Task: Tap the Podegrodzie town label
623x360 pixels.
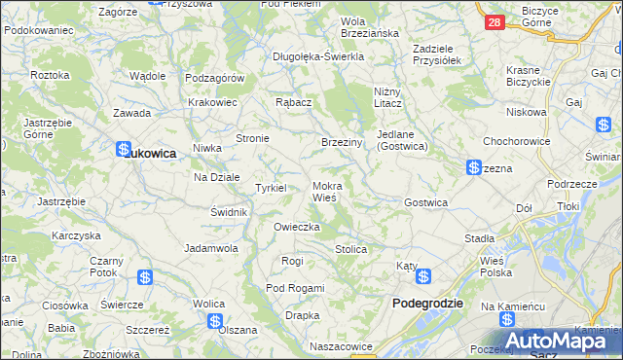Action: click(427, 304)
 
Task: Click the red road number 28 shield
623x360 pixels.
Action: click(494, 22)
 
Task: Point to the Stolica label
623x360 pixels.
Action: click(350, 250)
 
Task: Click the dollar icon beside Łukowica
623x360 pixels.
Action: click(124, 151)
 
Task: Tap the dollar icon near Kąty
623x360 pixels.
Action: click(423, 277)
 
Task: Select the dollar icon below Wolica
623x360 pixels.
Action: click(215, 321)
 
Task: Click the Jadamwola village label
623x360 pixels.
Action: click(211, 248)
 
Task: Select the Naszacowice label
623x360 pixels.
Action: click(341, 346)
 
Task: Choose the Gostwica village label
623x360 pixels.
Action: click(425, 202)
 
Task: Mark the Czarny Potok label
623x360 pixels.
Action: click(106, 268)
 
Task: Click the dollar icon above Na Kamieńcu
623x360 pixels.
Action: click(505, 321)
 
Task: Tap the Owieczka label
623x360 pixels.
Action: click(297, 227)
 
